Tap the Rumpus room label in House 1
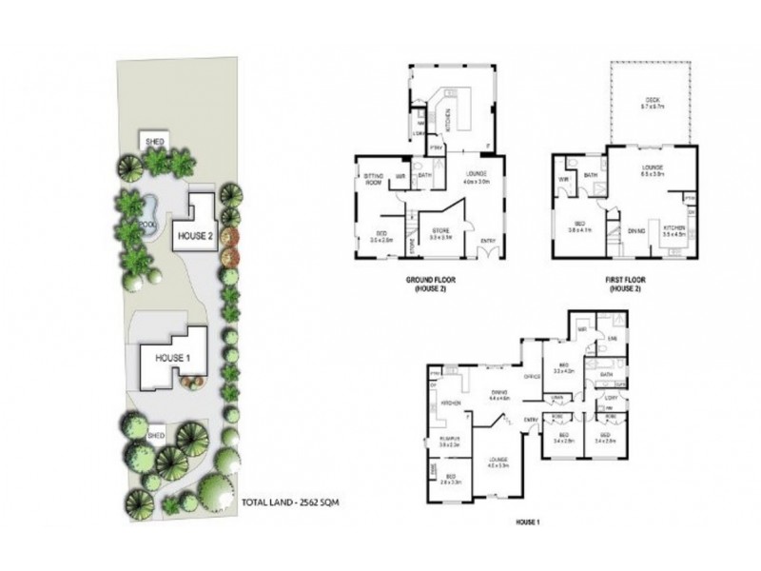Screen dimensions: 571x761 (x=450, y=439)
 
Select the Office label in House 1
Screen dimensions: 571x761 (x=532, y=377)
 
